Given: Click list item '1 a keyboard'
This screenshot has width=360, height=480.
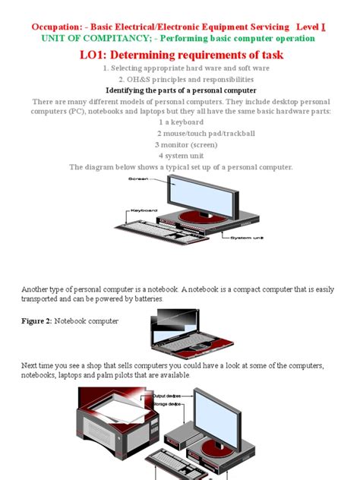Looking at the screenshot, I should (180, 122).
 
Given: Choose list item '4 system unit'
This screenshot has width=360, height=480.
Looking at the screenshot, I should (180, 155).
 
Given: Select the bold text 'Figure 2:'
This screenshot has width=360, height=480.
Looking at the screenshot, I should (36, 321).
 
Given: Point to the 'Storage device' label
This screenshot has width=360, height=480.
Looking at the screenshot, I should (168, 404).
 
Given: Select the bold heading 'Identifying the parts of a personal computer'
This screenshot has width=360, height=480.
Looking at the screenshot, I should (180, 90).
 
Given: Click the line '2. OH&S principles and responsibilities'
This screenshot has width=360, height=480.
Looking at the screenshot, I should (180, 79).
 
